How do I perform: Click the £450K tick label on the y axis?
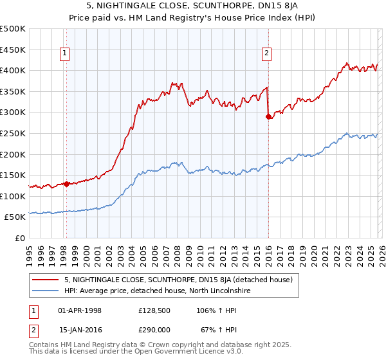coord(13,50)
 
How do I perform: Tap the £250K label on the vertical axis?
coord(13,133)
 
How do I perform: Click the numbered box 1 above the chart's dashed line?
coord(66,54)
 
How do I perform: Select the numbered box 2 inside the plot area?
coord(266,54)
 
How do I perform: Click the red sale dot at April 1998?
coord(66,184)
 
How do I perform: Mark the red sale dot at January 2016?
coord(268,116)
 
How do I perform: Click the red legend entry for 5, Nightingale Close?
coord(179,280)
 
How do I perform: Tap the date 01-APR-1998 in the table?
coord(80,310)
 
